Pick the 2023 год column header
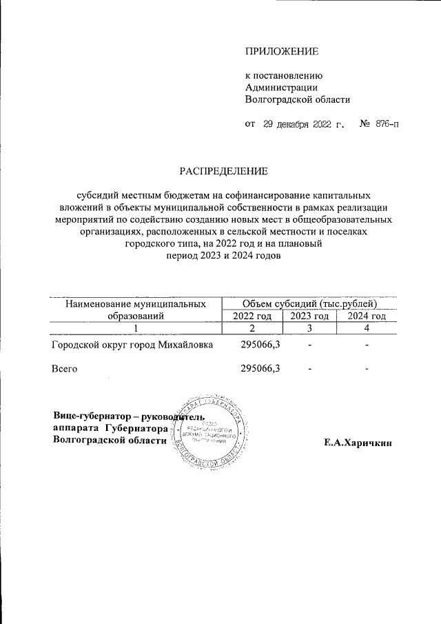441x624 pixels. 309,316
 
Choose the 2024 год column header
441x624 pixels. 366,316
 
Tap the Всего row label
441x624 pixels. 64,369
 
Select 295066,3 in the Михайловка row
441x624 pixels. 260,344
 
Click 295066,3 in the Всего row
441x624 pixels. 260,369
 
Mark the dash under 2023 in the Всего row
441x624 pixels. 310,370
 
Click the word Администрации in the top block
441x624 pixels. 282,87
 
